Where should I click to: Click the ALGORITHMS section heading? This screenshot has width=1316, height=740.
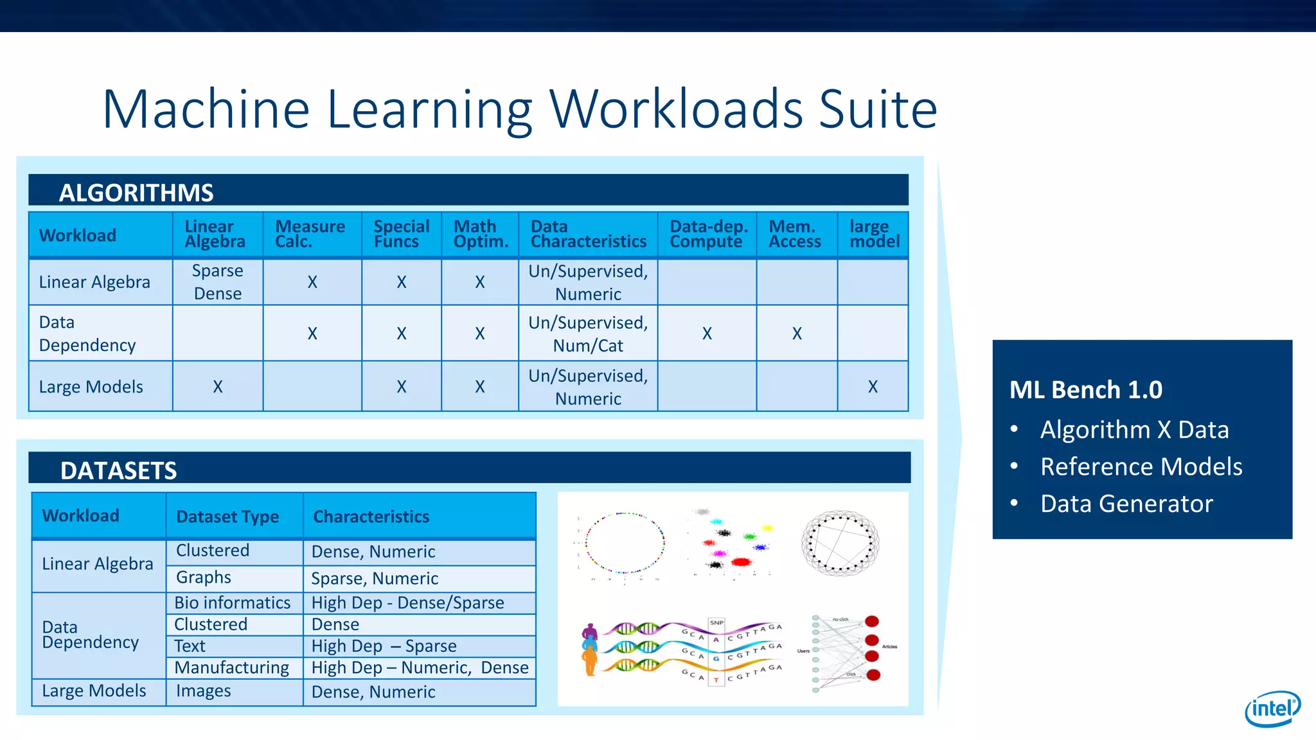(x=136, y=193)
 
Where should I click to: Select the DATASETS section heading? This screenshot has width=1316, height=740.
(x=118, y=470)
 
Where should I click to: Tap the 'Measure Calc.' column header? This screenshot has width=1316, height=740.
(x=310, y=234)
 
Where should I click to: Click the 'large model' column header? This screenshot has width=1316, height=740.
(x=874, y=234)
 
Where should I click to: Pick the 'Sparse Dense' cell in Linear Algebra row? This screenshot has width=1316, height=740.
(x=218, y=282)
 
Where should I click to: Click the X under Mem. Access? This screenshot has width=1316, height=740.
(x=797, y=333)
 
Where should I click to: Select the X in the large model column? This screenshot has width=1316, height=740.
(x=873, y=387)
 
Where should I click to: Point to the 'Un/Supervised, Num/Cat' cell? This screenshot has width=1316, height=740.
(x=588, y=334)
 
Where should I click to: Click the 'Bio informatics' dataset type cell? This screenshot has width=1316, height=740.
(x=233, y=603)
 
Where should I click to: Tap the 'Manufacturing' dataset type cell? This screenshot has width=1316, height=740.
(x=232, y=667)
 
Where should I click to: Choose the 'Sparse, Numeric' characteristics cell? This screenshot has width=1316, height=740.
(x=375, y=578)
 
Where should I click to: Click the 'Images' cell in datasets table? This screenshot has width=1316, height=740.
(x=204, y=691)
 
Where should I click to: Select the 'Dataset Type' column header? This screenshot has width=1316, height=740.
(x=227, y=516)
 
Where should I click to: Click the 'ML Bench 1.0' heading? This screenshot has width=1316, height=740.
(x=1085, y=389)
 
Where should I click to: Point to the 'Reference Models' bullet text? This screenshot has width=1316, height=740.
(x=1141, y=466)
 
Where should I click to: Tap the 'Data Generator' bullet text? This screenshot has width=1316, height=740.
(x=1126, y=504)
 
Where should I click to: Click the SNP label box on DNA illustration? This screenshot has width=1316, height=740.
(x=716, y=622)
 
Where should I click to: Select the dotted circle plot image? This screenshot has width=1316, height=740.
(x=624, y=543)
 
